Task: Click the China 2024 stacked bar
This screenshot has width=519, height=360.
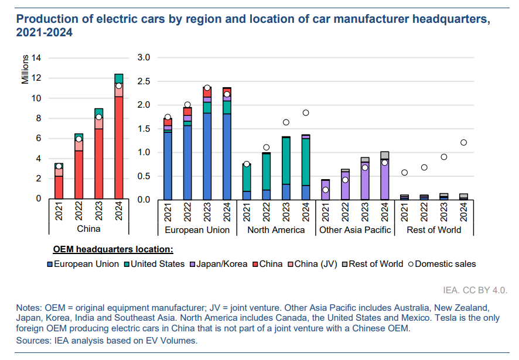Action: tap(119, 140)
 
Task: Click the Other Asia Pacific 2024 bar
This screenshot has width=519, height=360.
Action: tap(384, 179)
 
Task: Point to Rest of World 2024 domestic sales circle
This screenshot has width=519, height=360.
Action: tap(463, 142)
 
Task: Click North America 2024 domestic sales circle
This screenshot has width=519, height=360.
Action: tap(305, 113)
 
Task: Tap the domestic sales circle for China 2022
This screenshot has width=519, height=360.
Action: tap(79, 139)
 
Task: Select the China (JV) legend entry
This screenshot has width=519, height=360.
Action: tap(316, 264)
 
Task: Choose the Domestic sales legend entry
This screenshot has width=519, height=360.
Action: tap(445, 264)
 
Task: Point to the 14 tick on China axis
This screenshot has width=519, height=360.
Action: tap(36, 58)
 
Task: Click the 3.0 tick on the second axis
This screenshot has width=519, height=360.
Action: tap(144, 58)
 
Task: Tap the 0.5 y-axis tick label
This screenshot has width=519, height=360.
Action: tap(144, 176)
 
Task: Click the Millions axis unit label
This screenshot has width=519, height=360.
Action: tap(25, 70)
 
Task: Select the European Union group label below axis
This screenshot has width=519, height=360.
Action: tap(197, 230)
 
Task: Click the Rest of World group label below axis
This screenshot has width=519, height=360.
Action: tap(433, 230)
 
